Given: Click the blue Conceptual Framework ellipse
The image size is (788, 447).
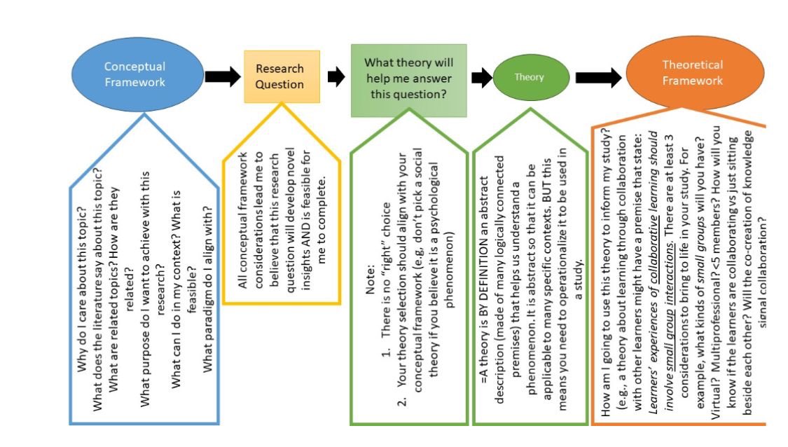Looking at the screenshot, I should click(134, 74).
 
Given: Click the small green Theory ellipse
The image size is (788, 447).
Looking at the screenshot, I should click(529, 78).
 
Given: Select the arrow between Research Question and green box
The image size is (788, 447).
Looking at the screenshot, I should click(336, 77).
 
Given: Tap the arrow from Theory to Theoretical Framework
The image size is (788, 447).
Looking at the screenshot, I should click(597, 76).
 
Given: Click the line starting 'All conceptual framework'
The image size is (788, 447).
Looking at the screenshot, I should click(242, 224).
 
